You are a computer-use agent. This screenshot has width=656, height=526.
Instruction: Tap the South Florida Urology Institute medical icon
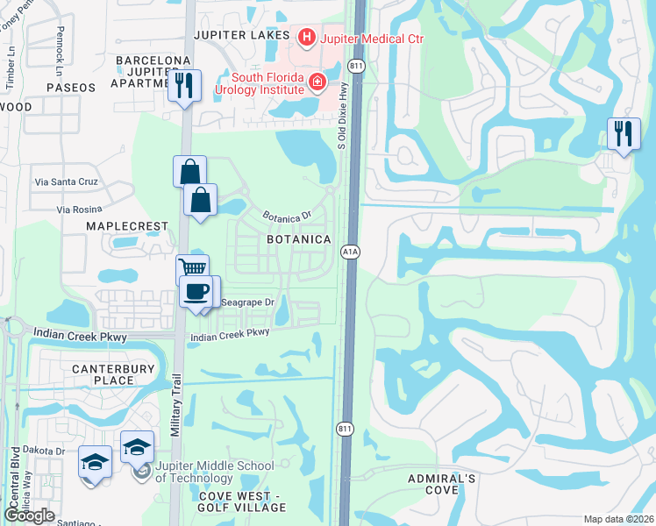point(316,83)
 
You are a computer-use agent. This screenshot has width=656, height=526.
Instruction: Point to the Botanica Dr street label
point(288,216)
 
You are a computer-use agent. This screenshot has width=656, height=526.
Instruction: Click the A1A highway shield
point(347,252)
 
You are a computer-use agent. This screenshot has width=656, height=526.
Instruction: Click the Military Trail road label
point(176,409)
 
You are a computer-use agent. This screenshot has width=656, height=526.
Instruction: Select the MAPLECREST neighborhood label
point(126,226)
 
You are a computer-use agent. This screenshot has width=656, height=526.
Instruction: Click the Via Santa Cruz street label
point(66,181)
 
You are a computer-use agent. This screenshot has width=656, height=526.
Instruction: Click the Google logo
point(30,515)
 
